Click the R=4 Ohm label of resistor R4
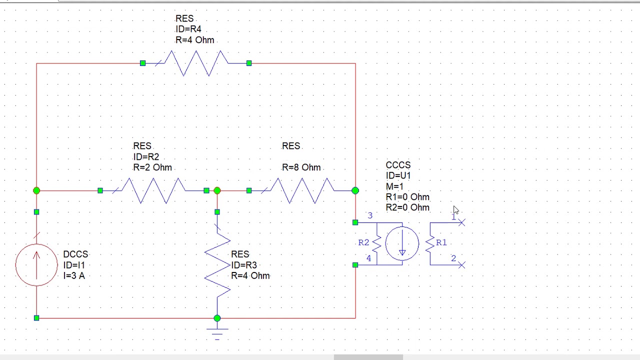[194, 40]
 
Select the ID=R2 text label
[146, 157]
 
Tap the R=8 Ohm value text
[301, 167]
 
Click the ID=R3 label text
[244, 265]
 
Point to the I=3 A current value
[73, 275]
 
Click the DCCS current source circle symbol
[36, 265]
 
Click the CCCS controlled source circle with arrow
[402, 243]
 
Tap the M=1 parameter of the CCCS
[394, 186]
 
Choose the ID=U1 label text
[398, 175]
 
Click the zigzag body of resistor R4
[196, 63]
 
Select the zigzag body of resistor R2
[153, 190]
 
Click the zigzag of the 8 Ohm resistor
[302, 190]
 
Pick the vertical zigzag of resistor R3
[217, 265]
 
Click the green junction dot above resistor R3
[217, 190]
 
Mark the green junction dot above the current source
[36, 190]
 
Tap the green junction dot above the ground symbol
[217, 318]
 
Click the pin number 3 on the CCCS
[370, 215]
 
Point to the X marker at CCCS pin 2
[461, 265]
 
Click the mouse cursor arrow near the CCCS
[455, 210]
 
